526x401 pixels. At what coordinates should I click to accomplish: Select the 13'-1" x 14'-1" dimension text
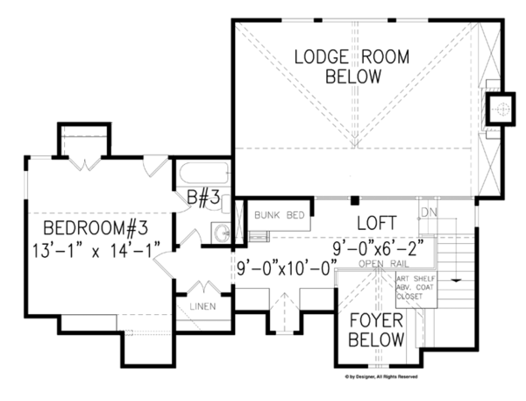click(x=97, y=253)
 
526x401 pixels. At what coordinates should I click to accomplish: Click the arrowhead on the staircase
click(x=455, y=279)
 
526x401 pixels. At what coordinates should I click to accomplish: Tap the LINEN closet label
click(x=205, y=307)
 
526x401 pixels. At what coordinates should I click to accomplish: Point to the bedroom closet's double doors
click(x=84, y=161)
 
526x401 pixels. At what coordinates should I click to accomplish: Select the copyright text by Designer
click(x=377, y=376)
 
